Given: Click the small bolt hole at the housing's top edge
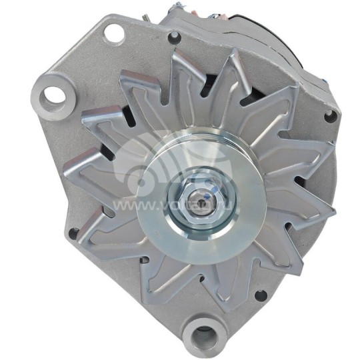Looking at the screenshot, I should coord(175,37).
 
